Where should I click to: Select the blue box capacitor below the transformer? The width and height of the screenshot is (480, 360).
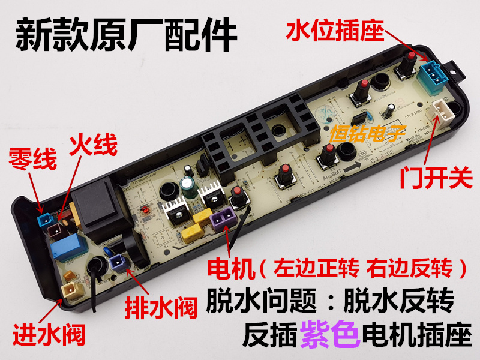click(65, 248)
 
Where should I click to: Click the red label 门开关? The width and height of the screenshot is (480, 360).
click(436, 180)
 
